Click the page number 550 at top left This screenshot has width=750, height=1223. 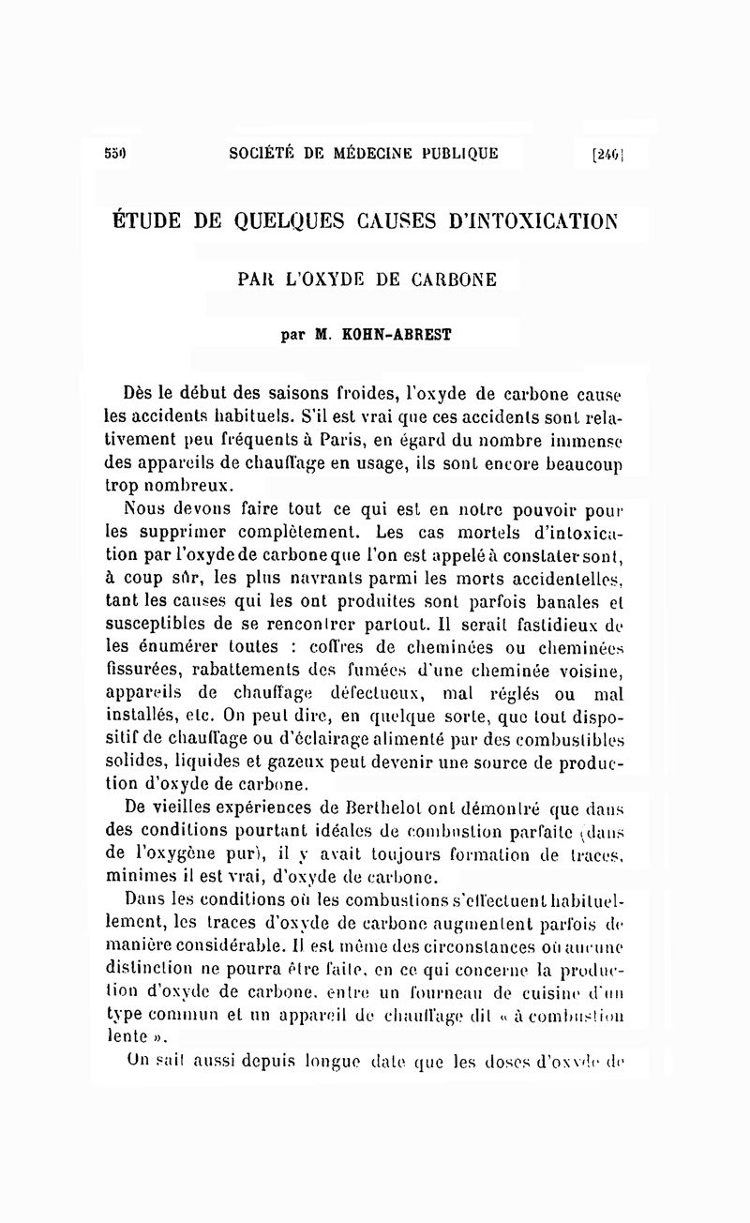[x=115, y=153]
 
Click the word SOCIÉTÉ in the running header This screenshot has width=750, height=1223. [x=267, y=153]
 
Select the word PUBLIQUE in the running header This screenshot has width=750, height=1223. [x=456, y=153]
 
